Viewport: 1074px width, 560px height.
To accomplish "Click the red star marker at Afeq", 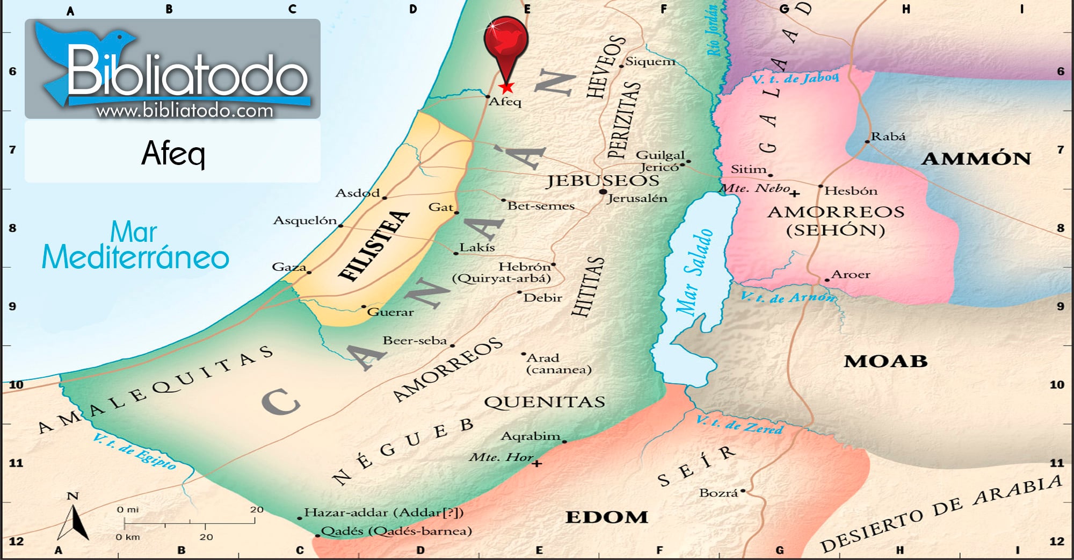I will (x=506, y=87).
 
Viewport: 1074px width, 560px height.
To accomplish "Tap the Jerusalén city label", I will (x=637, y=198).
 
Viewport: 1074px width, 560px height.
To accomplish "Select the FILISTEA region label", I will (x=374, y=246).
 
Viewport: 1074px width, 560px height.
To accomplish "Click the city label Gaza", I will (x=289, y=267).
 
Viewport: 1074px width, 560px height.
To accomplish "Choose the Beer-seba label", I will (x=415, y=341).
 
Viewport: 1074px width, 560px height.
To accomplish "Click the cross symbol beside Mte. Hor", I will (x=536, y=463).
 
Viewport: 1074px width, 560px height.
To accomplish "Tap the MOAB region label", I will (x=886, y=361).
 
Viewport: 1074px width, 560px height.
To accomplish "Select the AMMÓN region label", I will (x=976, y=159).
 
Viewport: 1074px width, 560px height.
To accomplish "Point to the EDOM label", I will (x=607, y=517).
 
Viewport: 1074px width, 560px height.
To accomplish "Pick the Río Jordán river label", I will (x=713, y=31).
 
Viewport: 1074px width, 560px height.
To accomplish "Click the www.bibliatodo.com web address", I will (x=185, y=111).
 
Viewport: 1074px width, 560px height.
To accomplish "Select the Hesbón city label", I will (x=851, y=191).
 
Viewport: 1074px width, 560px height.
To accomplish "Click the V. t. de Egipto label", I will (x=134, y=451).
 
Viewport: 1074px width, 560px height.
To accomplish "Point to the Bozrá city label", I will (x=718, y=493).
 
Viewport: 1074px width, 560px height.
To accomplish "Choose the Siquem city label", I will (x=650, y=61).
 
